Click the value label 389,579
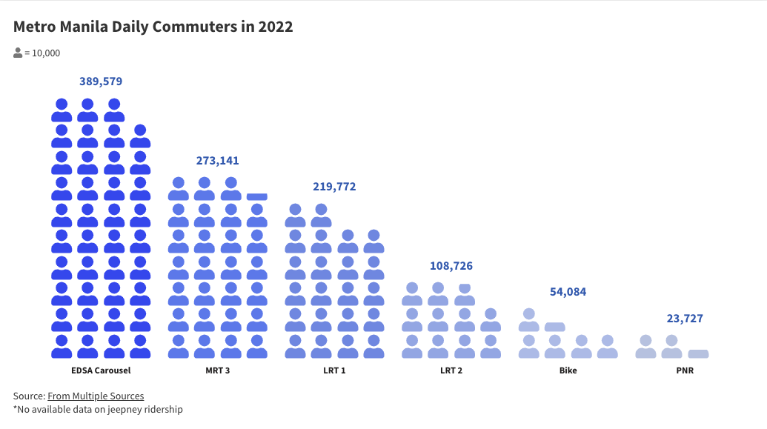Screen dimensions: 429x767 coord(101,82)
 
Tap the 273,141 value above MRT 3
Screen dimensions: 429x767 coord(217,161)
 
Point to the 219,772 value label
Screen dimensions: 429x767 coord(334,187)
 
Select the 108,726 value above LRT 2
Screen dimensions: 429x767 coord(451,266)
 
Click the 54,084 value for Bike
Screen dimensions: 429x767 coord(568,292)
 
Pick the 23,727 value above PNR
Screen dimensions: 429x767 coord(684,319)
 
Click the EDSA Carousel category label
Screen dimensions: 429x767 coord(101,370)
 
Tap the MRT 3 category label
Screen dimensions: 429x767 coord(217,370)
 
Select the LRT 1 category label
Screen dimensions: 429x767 coord(334,370)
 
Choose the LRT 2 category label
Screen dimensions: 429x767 coord(451,370)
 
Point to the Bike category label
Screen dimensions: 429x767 coord(568,370)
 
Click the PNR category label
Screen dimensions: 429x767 coord(684,370)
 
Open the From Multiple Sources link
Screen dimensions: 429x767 coord(96,396)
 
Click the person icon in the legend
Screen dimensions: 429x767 coord(18,53)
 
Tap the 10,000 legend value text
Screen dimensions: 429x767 coord(46,53)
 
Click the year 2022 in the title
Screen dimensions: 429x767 coord(276,27)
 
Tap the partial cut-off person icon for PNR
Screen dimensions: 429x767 coord(698,354)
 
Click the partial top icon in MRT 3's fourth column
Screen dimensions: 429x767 coord(256,196)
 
